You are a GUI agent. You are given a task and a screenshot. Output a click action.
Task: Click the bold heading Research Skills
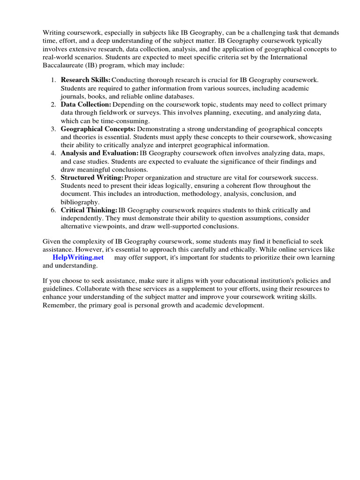(x=86, y=80)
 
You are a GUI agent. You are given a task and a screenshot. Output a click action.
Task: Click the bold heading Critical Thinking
(x=89, y=210)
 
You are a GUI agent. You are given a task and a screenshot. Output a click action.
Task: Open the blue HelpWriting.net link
(x=78, y=257)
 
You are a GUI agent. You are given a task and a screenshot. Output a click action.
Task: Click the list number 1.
(x=53, y=80)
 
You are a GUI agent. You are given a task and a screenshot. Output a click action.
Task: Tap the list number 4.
(x=53, y=153)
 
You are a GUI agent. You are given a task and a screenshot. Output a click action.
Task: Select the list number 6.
(x=53, y=210)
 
